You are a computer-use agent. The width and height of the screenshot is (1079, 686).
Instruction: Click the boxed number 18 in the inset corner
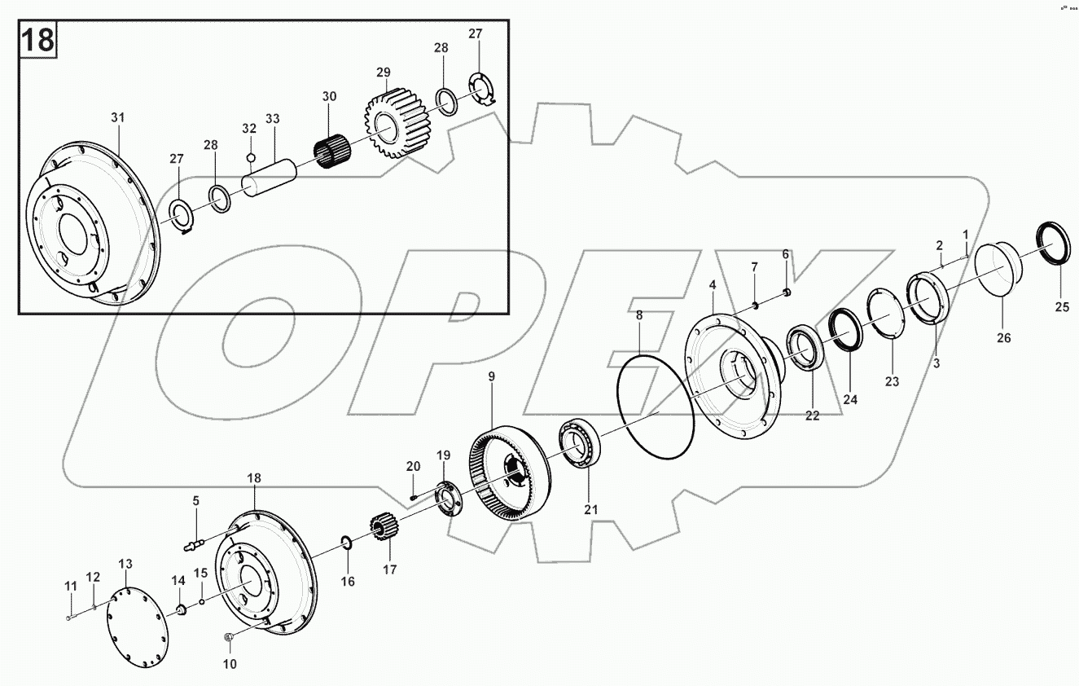point(37,39)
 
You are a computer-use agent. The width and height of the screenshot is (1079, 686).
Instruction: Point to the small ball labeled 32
point(251,157)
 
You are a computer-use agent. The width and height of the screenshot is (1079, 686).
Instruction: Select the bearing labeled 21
point(579,445)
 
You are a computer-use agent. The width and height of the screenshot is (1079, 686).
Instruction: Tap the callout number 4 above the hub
point(713,285)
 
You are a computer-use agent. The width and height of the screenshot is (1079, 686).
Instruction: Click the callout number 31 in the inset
point(118,118)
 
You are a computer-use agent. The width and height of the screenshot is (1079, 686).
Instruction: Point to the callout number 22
point(812,416)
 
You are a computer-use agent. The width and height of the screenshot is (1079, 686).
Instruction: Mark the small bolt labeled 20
point(414,495)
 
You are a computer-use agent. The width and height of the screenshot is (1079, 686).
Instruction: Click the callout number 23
point(893,381)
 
